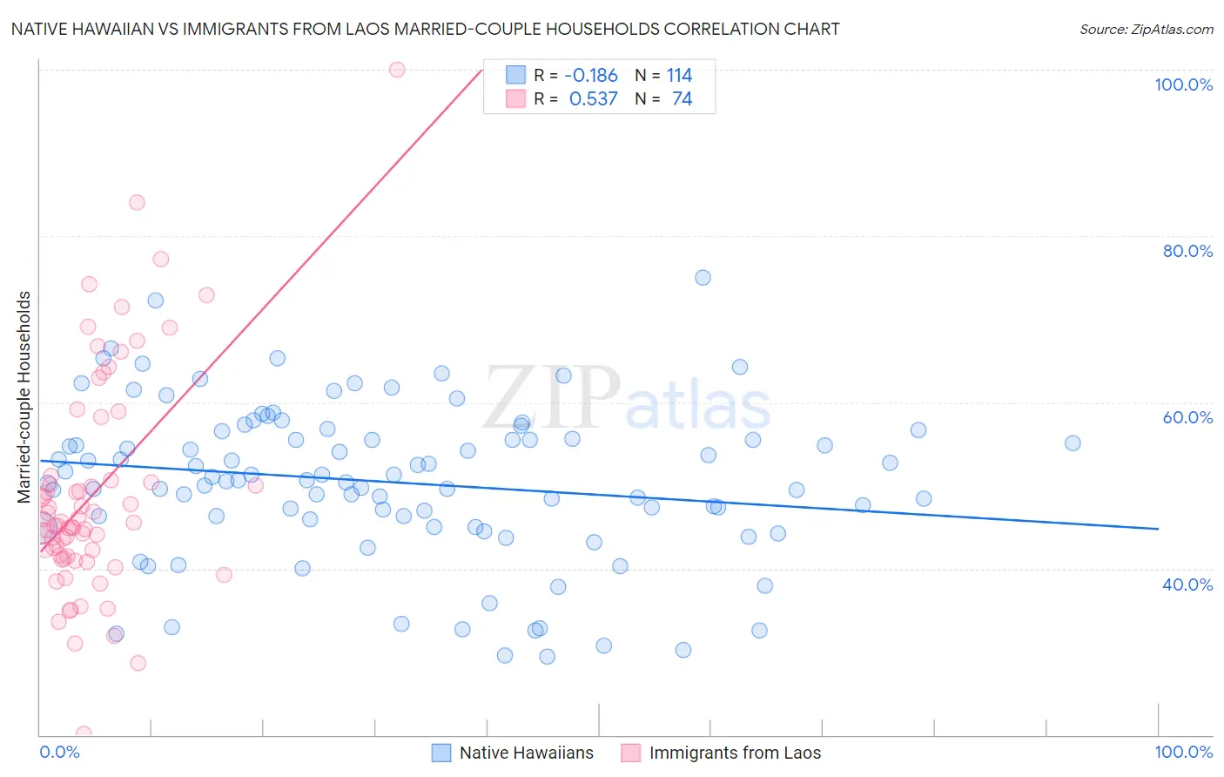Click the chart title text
tap(425, 29)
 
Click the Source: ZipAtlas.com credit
tap(1146, 29)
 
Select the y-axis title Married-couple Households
tap(24, 397)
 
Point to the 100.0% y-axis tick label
tap(1183, 84)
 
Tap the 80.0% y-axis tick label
tap(1187, 251)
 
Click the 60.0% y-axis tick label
tap(1187, 417)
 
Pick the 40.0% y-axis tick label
tap(1187, 584)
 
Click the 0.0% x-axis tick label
tap(59, 752)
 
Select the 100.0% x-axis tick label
tap(1183, 752)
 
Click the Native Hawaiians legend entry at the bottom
tap(526, 753)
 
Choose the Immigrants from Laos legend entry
tap(734, 753)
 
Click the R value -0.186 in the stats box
tap(591, 75)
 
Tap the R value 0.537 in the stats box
tap(593, 99)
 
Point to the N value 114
tap(679, 75)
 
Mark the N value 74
tap(682, 99)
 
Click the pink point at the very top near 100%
tap(397, 70)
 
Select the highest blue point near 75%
tap(703, 278)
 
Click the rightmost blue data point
tap(1073, 443)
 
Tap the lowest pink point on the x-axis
tap(84, 733)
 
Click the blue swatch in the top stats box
tap(515, 75)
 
